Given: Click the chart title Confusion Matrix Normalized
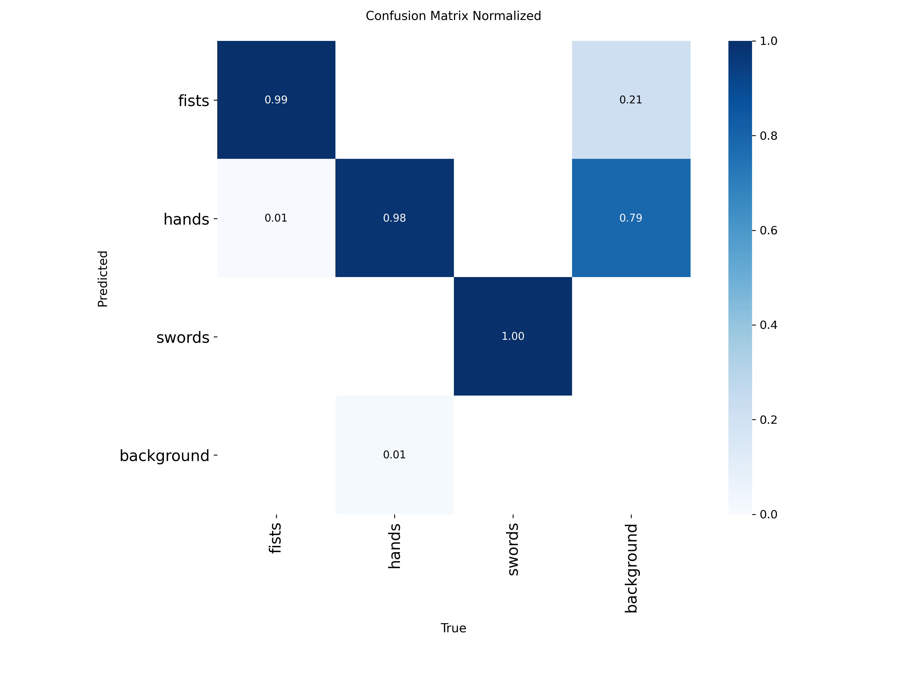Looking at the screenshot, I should pyautogui.click(x=453, y=16).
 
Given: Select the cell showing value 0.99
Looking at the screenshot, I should pyautogui.click(x=276, y=100).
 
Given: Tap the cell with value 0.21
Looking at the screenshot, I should pyautogui.click(x=631, y=100).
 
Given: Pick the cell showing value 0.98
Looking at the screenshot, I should pyautogui.click(x=395, y=218).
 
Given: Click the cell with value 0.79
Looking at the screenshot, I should pyautogui.click(x=631, y=218).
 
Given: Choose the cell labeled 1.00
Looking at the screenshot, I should pyautogui.click(x=513, y=336).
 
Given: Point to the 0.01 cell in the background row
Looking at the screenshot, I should pyautogui.click(x=395, y=455).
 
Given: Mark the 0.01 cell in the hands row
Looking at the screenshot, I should pyautogui.click(x=276, y=218).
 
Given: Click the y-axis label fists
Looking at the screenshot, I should pyautogui.click(x=194, y=101).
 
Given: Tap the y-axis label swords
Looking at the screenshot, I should pyautogui.click(x=183, y=337).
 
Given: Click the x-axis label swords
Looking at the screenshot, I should pyautogui.click(x=513, y=549).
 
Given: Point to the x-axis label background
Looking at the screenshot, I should pyautogui.click(x=631, y=568).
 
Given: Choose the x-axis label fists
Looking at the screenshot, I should pyautogui.click(x=275, y=538).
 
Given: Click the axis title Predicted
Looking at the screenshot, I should pyautogui.click(x=103, y=279).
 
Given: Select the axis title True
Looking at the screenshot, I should pyautogui.click(x=453, y=628).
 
